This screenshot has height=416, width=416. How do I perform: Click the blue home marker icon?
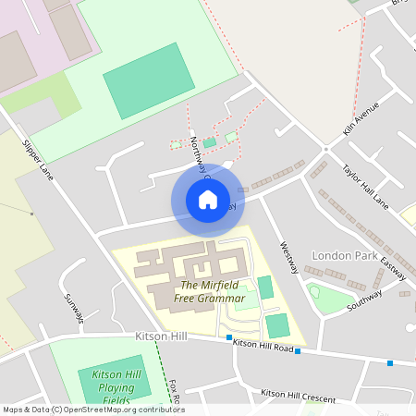[x=207, y=199]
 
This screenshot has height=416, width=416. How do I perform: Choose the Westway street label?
[x=289, y=257]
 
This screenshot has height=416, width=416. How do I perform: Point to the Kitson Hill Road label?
[x=263, y=345]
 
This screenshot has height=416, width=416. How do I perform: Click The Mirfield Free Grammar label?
[x=213, y=291]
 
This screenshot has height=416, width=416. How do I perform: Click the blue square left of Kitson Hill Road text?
[x=228, y=338]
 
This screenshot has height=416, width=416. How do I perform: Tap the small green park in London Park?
[x=329, y=299]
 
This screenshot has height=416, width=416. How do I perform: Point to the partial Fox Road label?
[x=174, y=389]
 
